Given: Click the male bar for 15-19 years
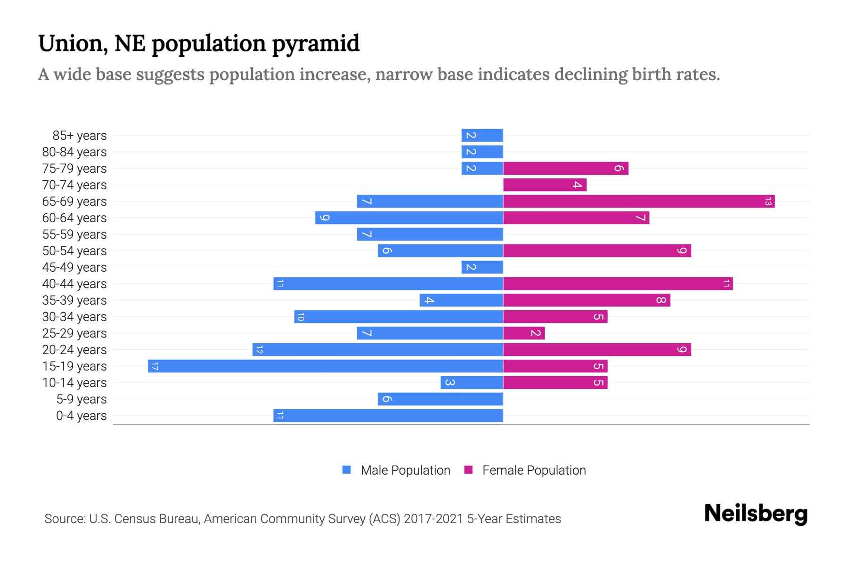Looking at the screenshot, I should [325, 366].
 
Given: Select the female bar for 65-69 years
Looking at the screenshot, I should [638, 202].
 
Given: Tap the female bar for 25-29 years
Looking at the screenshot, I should [524, 333].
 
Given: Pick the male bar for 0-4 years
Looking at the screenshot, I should [388, 416].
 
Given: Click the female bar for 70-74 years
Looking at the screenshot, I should [545, 185].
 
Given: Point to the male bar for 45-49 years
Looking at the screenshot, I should [482, 267].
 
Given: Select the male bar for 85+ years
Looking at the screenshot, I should [482, 136].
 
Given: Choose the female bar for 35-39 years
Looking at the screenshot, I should [587, 300].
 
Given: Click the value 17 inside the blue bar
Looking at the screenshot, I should [155, 366].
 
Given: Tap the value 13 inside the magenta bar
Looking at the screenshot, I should [768, 202].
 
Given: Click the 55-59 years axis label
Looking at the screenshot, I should [74, 234].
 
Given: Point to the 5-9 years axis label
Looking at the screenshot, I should [81, 399].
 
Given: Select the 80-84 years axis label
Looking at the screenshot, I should [74, 152].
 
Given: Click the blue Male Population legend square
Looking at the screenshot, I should [347, 470].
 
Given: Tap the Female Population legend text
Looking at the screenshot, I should [534, 470].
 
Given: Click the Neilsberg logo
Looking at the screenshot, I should [756, 514].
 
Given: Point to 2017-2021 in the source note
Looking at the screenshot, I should [433, 519].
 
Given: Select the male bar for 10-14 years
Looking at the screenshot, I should [472, 383].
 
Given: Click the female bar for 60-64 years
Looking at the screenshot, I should [576, 218].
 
